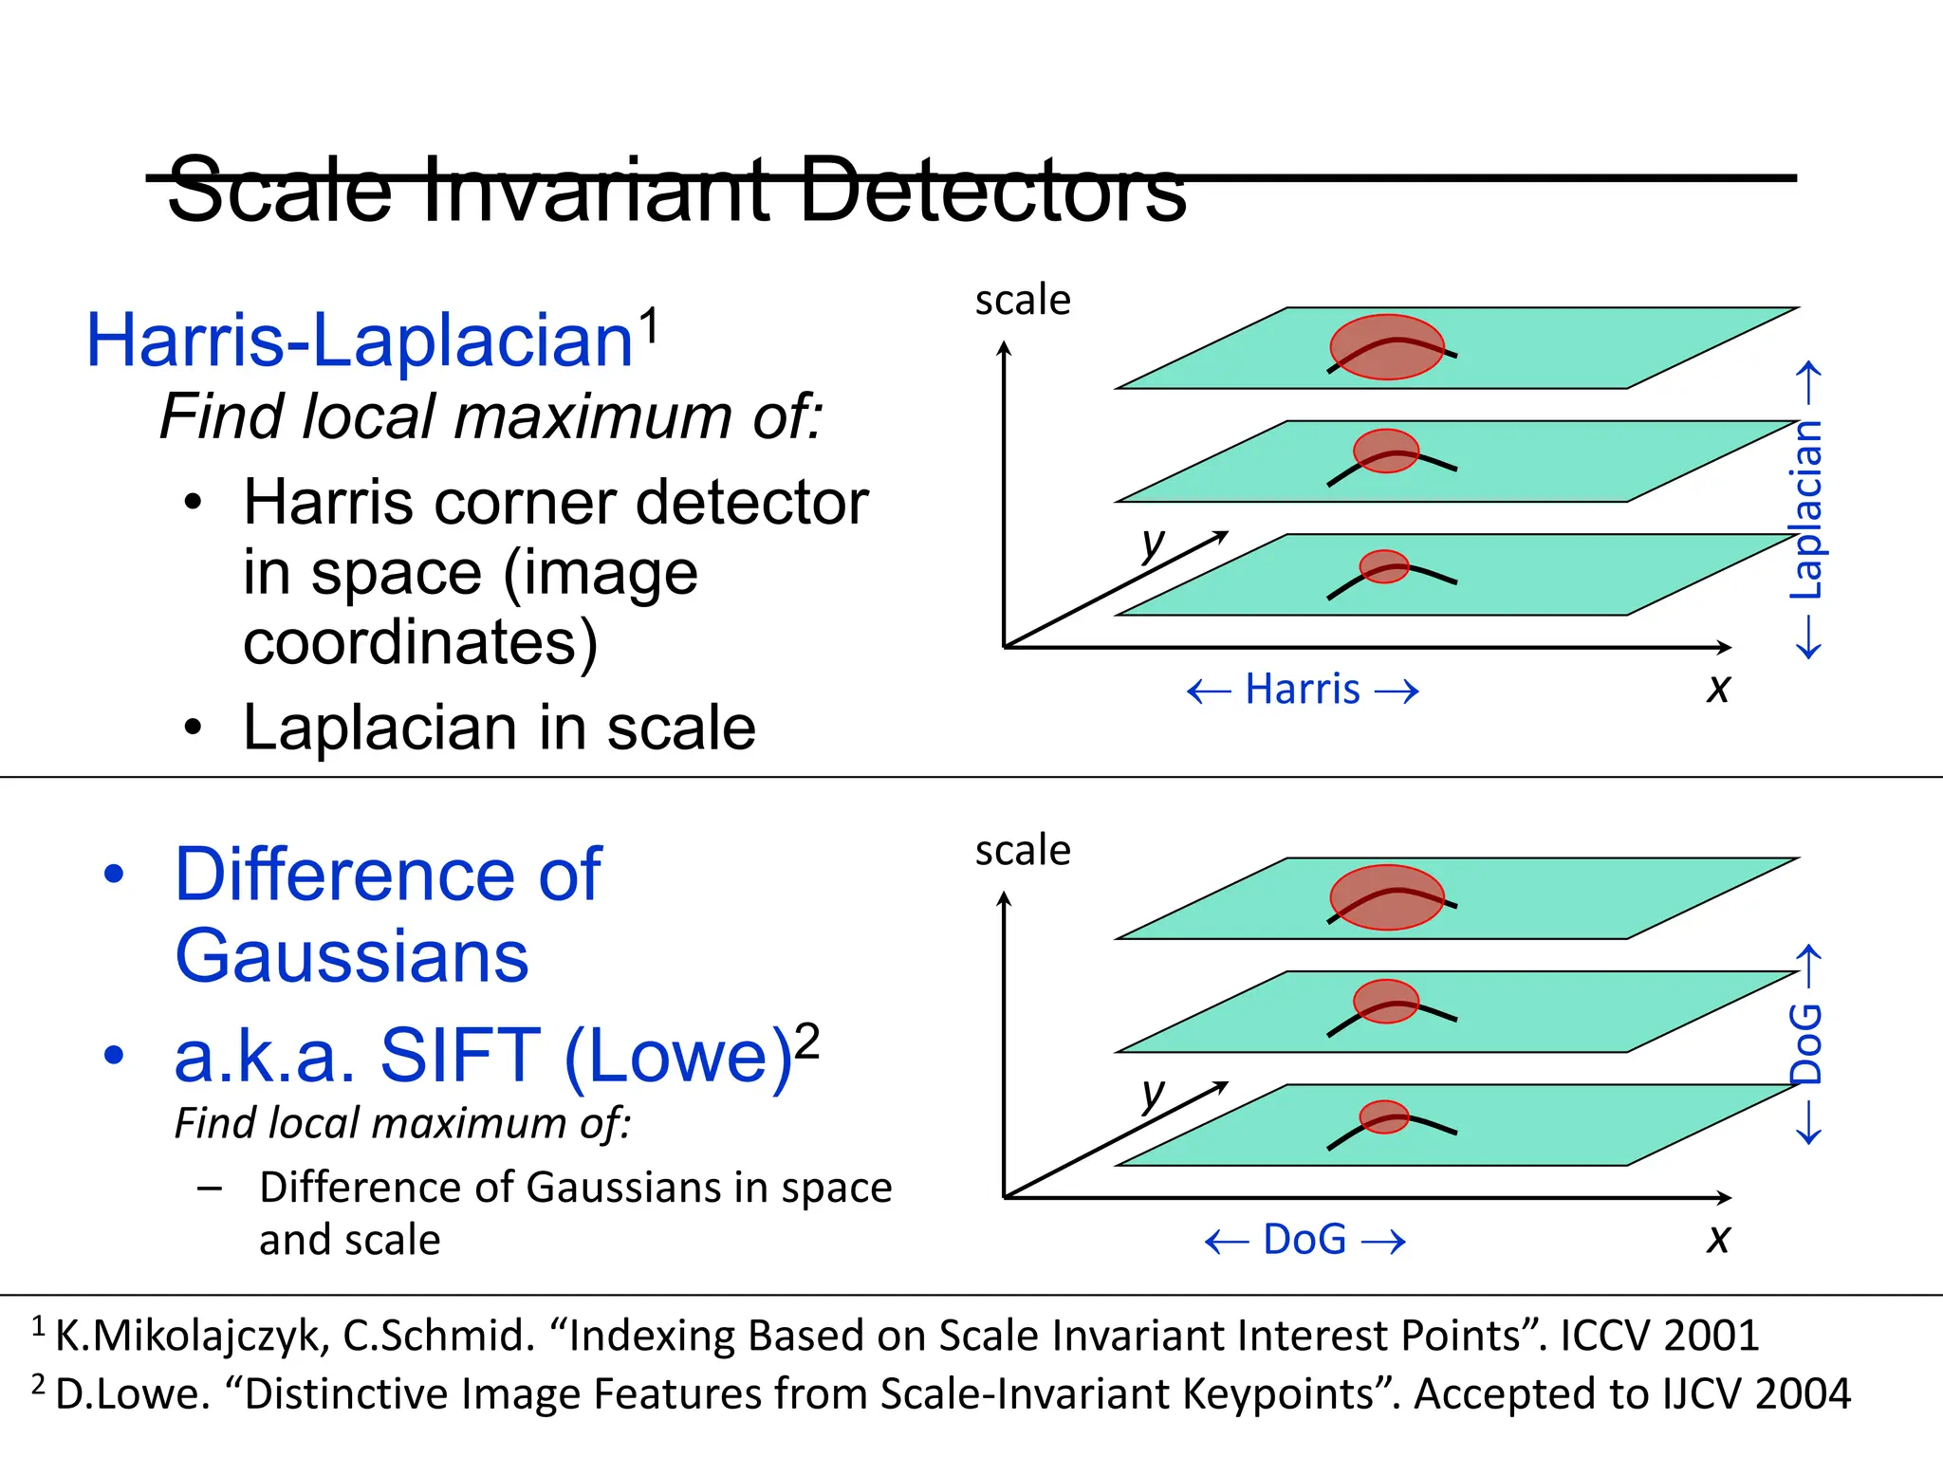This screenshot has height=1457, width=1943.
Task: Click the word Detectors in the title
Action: (992, 190)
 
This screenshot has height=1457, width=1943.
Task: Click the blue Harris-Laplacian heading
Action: (359, 341)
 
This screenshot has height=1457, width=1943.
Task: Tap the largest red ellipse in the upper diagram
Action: (1386, 347)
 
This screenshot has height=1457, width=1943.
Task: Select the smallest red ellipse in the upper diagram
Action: (1384, 566)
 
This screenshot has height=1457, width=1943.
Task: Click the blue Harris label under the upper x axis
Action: (1303, 690)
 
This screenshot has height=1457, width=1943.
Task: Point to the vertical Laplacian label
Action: (1806, 510)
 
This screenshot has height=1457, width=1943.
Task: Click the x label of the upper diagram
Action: (1718, 688)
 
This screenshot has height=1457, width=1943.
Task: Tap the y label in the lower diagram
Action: (1153, 1093)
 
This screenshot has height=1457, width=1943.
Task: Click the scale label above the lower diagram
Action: (1023, 850)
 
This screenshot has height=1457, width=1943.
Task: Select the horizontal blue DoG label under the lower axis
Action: (1305, 1240)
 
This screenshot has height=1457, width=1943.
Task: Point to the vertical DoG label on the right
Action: (1806, 1043)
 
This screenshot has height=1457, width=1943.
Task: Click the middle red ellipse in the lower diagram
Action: (1385, 1001)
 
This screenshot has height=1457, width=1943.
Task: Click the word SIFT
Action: (460, 1056)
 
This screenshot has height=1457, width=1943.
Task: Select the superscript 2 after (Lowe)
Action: (807, 1041)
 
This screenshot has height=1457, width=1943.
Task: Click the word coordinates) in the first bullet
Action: (420, 643)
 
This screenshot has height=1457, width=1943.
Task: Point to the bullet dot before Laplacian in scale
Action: (194, 728)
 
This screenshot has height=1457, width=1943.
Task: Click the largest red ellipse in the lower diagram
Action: (1386, 897)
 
